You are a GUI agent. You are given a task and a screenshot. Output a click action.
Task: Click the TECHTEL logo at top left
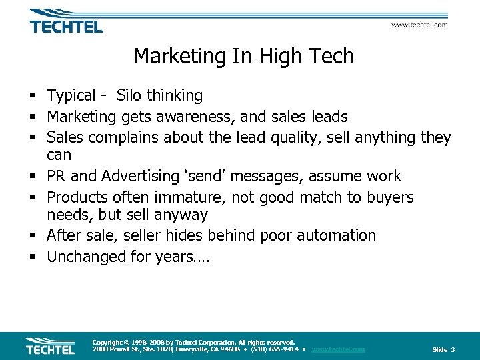(x=65, y=22)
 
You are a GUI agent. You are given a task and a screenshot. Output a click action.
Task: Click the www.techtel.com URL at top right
(x=419, y=25)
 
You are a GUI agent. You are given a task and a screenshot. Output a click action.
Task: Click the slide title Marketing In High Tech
(x=243, y=56)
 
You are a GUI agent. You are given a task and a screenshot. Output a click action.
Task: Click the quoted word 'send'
(x=204, y=177)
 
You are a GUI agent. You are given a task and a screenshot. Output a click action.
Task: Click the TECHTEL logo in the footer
(x=50, y=346)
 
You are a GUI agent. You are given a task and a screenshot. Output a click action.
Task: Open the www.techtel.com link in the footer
(x=338, y=349)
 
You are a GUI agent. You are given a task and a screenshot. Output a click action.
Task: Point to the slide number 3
(x=453, y=350)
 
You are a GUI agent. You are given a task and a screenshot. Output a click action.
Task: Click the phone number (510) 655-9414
(x=274, y=349)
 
